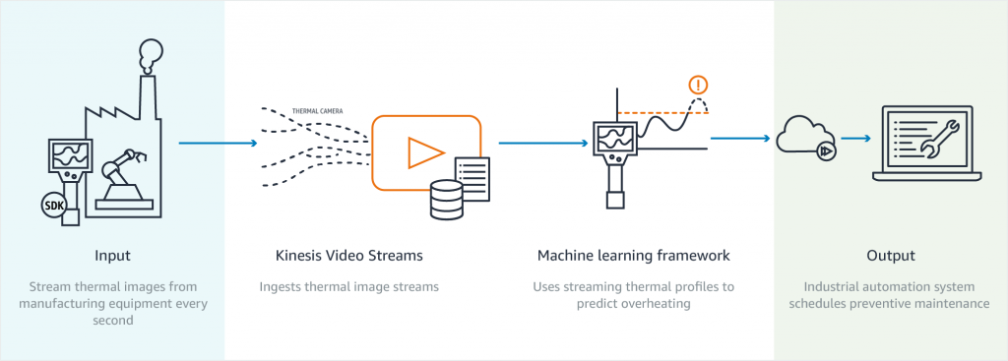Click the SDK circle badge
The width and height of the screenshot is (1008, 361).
point(53,205)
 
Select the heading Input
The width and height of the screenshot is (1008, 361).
point(112,256)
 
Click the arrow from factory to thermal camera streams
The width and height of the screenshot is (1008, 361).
point(217,144)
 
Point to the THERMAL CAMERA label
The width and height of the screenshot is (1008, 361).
point(317,110)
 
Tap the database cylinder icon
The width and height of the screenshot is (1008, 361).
point(447,199)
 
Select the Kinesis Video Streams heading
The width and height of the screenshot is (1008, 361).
point(349,256)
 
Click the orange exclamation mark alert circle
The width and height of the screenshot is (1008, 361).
point(700,85)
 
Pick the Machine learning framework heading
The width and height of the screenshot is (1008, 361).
point(633,256)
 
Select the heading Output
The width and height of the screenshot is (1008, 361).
point(891,256)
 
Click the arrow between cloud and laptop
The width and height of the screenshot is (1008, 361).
point(854,139)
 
